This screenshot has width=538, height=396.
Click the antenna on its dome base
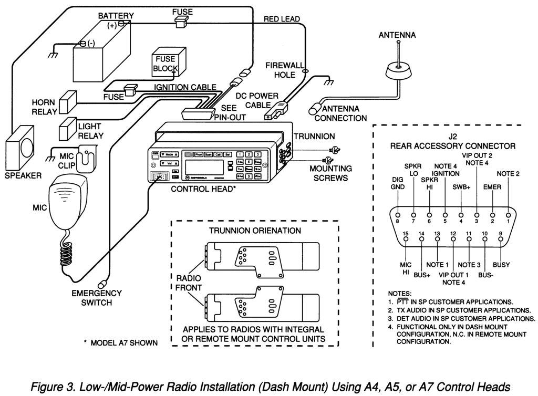tap(399, 68)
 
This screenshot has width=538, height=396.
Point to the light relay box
tap(68, 128)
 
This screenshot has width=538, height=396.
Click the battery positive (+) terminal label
tap(112, 25)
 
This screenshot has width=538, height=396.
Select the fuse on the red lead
tap(182, 20)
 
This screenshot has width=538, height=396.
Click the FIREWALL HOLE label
tap(284, 70)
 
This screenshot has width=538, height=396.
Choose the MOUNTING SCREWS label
tap(330, 173)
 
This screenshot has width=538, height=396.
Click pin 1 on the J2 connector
tap(508, 215)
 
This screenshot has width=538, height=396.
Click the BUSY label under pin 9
tap(501, 265)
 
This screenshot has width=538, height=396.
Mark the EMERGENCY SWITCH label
tap(97, 298)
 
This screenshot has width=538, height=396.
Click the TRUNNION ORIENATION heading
tap(255, 230)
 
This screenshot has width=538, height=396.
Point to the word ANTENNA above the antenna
tap(397, 35)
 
